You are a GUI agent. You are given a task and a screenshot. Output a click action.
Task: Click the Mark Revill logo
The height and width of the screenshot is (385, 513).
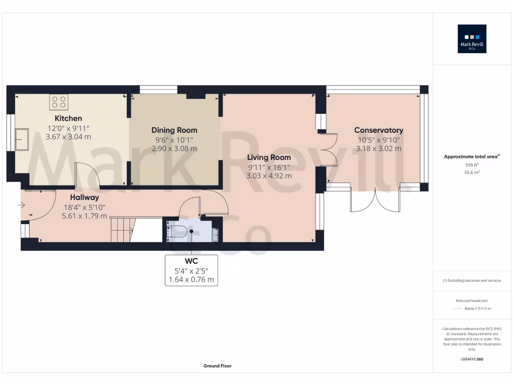tap(472, 39)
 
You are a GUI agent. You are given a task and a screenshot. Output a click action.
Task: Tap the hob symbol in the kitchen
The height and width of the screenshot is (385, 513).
tap(59, 102)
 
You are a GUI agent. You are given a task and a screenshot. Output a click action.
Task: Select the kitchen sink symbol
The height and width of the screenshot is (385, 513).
tap(22, 139)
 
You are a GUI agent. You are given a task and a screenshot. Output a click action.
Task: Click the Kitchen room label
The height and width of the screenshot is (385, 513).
tap(68, 118)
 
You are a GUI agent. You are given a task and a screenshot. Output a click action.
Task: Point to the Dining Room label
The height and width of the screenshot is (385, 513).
tap(174, 130)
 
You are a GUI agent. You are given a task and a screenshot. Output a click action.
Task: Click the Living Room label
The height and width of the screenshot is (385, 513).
tap(269, 157)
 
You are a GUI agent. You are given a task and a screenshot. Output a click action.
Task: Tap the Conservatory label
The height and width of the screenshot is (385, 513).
tap(378, 130)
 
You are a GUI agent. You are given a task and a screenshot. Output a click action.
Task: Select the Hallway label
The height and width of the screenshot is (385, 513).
tap(84, 198)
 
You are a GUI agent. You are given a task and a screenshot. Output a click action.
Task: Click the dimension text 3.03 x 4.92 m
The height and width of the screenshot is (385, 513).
tap(269, 176)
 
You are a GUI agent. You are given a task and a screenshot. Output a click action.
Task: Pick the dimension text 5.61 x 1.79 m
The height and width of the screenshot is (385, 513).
tap(84, 216)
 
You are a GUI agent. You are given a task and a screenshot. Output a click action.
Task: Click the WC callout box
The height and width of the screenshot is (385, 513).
tap(191, 270)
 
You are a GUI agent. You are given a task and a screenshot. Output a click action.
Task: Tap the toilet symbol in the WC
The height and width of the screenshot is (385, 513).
tap(181, 232)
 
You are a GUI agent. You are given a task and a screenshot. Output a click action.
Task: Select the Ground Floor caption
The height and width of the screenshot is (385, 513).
tap(217, 366)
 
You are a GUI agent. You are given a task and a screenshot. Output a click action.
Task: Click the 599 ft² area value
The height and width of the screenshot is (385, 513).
tap(472, 164)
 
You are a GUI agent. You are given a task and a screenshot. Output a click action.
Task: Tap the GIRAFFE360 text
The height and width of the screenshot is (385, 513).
tap(472, 359)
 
